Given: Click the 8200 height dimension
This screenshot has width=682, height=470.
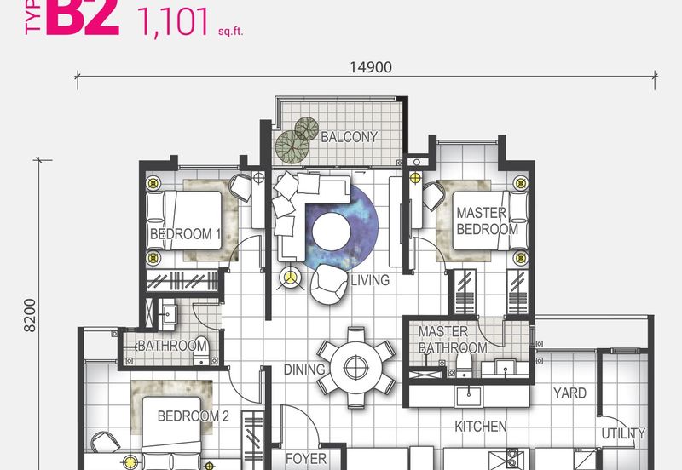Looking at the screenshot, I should [31, 316].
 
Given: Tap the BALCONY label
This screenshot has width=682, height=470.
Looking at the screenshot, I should [350, 136].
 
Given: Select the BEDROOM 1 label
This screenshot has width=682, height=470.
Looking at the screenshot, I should [185, 233].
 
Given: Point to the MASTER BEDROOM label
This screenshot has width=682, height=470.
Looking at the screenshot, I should [486, 221].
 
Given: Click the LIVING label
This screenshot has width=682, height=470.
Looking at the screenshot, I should [368, 280].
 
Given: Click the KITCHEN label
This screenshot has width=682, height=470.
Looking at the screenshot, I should [481, 427].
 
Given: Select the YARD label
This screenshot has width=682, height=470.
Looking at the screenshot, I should [569, 393].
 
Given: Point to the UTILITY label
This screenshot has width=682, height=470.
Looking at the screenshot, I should [623, 433].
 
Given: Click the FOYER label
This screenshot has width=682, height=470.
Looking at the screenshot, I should [306, 459].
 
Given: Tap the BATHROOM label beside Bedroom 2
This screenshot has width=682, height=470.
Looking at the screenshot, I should [172, 346].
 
